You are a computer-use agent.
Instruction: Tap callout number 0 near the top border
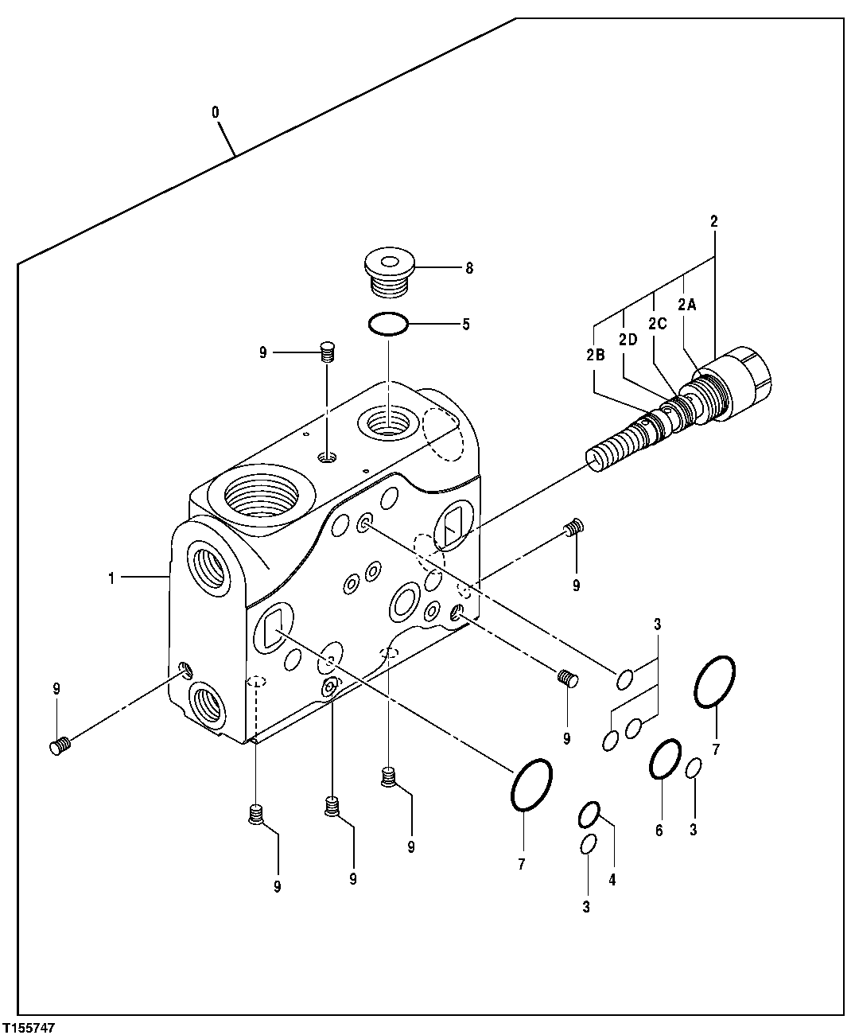216,112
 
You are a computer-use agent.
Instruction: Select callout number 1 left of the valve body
112,578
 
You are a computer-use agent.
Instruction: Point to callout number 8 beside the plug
469,269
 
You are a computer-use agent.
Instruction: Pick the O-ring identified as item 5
388,324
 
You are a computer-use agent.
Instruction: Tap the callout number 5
466,324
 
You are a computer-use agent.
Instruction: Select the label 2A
686,303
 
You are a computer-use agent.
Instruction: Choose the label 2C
657,323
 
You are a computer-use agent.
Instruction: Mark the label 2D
628,340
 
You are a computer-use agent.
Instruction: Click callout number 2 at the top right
713,222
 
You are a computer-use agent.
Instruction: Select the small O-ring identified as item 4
588,815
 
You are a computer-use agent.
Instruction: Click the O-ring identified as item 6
665,759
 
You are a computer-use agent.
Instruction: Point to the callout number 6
659,831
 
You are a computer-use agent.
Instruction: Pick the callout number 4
612,879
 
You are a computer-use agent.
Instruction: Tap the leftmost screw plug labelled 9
60,745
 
